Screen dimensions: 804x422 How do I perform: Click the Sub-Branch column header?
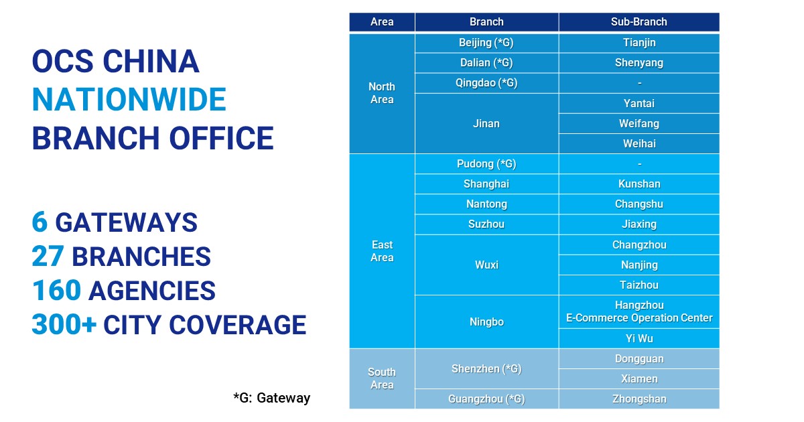pos(639,22)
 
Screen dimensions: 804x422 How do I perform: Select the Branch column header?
pos(486,22)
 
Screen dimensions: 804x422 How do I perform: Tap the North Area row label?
pos(382,93)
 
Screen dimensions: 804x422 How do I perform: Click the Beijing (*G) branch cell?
pos(486,43)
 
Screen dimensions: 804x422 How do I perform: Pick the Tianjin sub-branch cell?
pos(639,43)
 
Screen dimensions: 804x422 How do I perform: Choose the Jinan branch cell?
pos(486,123)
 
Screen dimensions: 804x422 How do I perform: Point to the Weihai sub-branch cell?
pos(639,143)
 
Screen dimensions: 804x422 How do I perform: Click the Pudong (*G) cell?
pos(486,164)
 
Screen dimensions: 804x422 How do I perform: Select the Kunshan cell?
pos(639,184)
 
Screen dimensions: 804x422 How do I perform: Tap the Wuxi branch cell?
pos(486,265)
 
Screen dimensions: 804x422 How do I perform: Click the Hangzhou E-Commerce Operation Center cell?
pos(639,311)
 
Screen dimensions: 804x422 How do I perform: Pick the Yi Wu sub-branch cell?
pos(639,338)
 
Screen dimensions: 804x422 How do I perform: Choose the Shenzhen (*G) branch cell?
pos(486,368)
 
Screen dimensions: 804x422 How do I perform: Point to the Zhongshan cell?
pos(639,399)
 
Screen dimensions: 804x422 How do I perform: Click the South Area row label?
pos(382,378)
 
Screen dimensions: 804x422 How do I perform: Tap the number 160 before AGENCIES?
pos(56,290)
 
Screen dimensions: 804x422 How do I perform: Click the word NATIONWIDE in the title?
pos(129,99)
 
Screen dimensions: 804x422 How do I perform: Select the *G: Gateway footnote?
pos(272,398)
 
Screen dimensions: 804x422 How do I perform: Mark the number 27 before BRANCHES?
pos(48,256)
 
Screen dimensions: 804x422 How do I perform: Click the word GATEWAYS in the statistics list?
pos(127,222)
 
